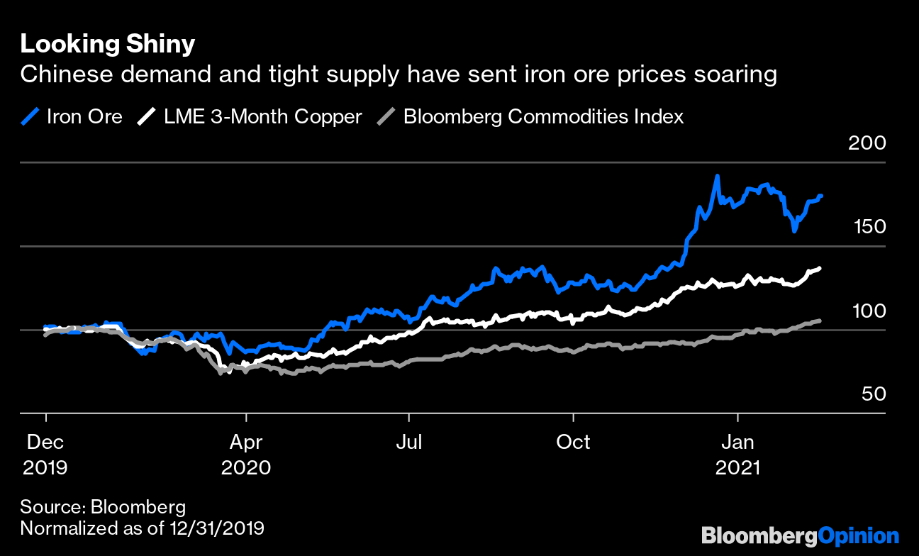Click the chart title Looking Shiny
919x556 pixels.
[107, 45]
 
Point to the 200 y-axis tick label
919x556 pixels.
[867, 143]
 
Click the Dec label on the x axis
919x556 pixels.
[45, 443]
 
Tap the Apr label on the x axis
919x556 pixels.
[245, 443]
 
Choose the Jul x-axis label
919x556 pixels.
[408, 443]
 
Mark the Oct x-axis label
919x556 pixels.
[573, 443]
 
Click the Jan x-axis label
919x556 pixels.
[738, 443]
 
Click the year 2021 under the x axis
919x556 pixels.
[738, 468]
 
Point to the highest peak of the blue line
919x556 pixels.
[718, 176]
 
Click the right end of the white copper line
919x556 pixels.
[820, 268]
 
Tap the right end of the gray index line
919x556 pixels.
[820, 321]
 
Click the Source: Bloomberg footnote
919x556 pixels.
[103, 507]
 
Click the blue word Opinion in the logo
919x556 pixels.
[858, 535]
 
